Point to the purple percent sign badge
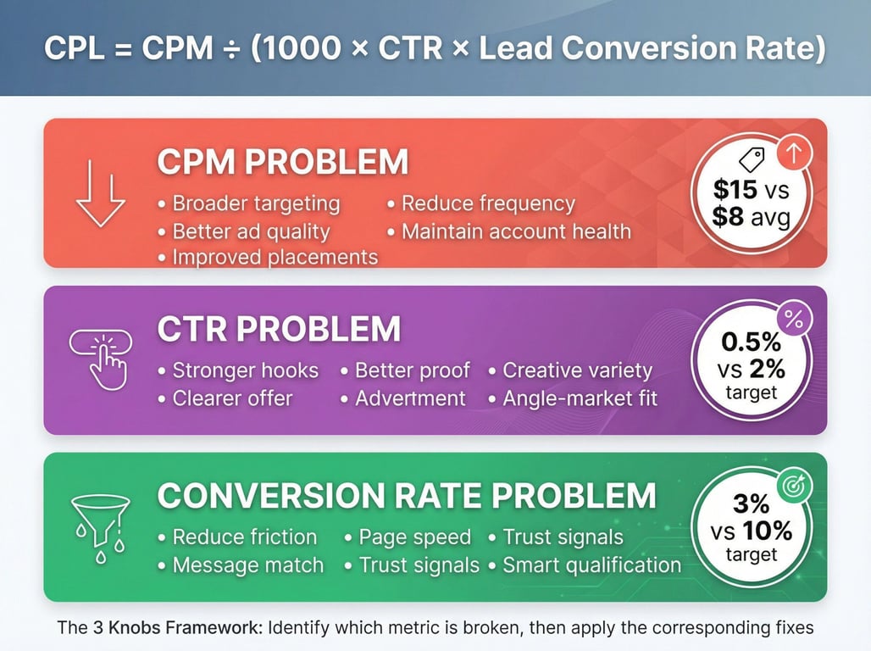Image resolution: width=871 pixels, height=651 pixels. [794, 320]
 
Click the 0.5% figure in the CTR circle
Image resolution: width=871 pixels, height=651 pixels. [751, 342]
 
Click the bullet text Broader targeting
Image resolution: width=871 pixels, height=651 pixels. [256, 203]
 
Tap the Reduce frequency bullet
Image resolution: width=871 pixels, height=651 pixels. [488, 203]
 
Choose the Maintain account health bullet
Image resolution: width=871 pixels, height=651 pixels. [516, 231]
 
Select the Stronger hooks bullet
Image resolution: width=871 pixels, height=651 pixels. [245, 370]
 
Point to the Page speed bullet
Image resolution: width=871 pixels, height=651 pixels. [414, 537]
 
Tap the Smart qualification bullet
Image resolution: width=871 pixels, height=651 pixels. [591, 565]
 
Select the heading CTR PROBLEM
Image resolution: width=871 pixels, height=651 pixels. [279, 329]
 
